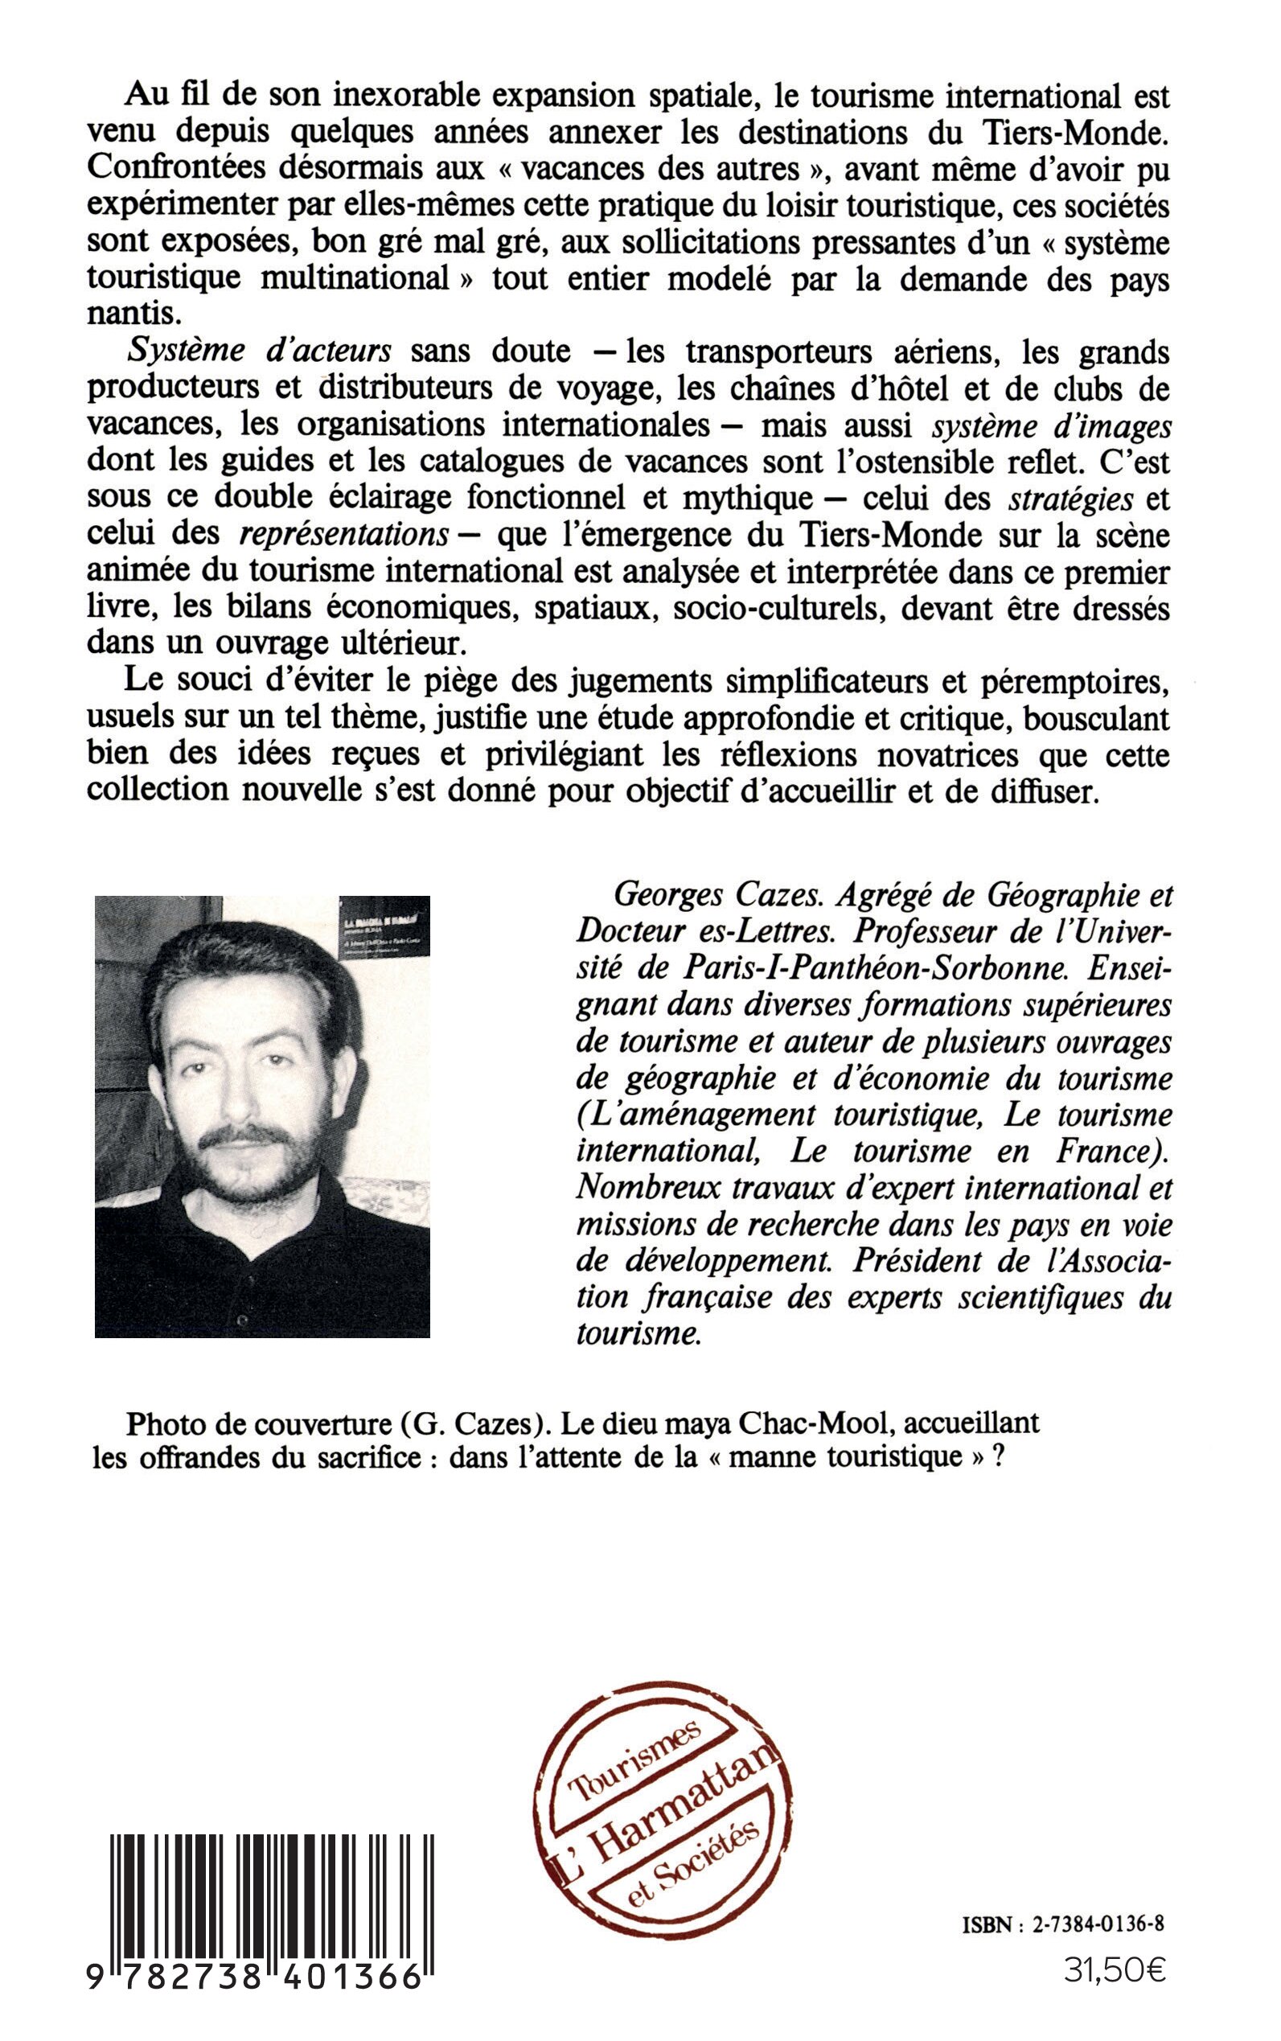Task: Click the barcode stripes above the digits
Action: coord(272,1873)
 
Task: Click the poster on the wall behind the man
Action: coord(383,926)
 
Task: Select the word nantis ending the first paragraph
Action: coord(133,315)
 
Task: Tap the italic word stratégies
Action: coord(1071,499)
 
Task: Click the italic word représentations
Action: coord(344,536)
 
